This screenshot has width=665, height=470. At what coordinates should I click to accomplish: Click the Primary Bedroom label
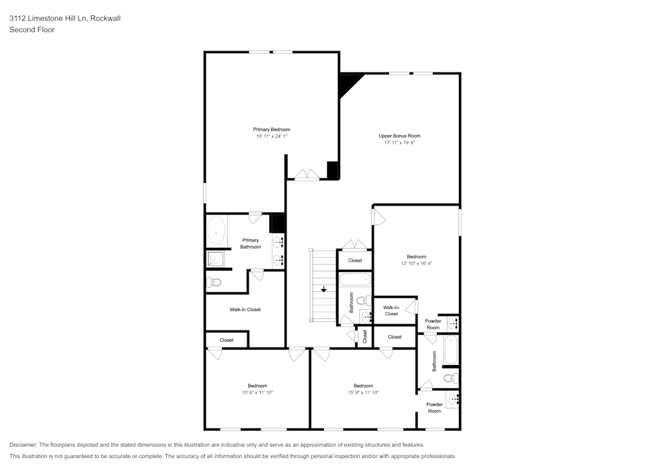click(271, 130)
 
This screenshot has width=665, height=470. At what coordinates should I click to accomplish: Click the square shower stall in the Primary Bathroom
click(215, 259)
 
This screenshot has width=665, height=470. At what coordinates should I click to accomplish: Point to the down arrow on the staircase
click(324, 289)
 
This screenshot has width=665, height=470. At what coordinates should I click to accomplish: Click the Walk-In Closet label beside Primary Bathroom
click(245, 309)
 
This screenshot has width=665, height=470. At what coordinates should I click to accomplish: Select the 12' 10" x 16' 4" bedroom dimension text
click(416, 263)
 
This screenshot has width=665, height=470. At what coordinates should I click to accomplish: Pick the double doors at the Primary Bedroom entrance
click(307, 174)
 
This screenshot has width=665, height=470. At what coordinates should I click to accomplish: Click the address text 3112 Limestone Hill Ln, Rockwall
click(65, 19)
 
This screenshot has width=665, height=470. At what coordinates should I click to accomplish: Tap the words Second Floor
click(32, 30)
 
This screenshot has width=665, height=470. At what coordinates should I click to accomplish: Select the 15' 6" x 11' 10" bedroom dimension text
click(257, 393)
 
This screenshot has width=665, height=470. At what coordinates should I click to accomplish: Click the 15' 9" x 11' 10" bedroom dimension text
click(363, 393)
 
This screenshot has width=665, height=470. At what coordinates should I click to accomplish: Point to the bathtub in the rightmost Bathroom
click(451, 351)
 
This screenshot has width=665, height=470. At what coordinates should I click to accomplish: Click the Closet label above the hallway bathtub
click(355, 261)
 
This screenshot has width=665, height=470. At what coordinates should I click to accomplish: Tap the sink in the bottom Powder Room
click(454, 400)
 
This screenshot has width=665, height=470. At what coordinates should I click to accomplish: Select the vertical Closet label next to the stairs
click(364, 336)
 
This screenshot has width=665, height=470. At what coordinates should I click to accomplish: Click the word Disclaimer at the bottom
click(23, 445)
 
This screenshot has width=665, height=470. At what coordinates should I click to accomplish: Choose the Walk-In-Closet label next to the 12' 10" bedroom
click(391, 310)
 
